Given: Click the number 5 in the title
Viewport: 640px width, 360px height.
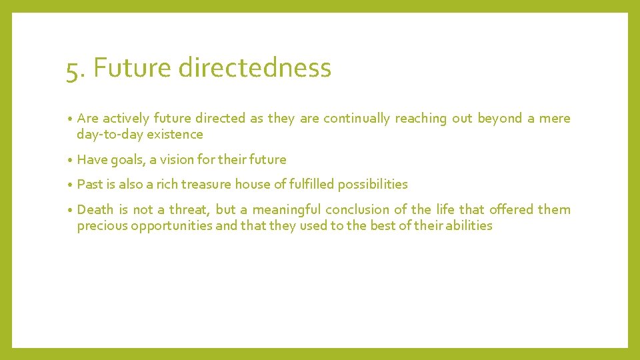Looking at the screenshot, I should point(71,69).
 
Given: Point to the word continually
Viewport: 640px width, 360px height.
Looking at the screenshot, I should point(357,119).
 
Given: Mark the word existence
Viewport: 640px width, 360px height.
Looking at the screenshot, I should point(175,135).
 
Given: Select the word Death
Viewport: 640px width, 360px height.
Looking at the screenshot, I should point(96,210).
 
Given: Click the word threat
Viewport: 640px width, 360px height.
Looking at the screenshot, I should point(189,210).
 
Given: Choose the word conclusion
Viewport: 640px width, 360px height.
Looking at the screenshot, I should point(356,210).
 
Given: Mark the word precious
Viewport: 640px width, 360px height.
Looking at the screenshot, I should point(102,226).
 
